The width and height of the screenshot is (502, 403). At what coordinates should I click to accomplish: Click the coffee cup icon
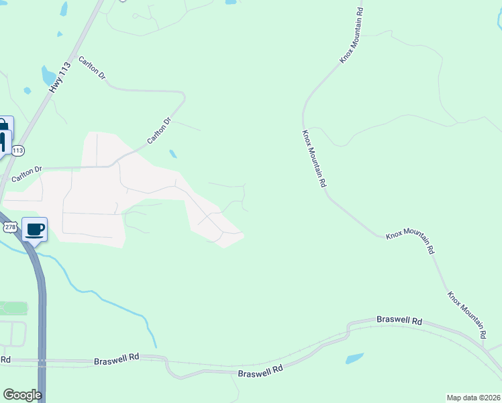35,230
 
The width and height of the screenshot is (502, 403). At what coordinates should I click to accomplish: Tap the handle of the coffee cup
43,229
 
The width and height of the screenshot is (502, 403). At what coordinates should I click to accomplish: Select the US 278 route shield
9,228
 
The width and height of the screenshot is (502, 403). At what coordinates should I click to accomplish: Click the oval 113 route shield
18,150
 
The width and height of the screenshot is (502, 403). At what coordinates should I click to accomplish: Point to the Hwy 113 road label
60,78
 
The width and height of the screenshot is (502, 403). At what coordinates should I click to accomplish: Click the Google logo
22,394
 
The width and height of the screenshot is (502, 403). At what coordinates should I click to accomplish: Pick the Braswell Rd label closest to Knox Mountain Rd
399,321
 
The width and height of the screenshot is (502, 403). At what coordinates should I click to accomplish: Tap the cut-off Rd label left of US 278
5,360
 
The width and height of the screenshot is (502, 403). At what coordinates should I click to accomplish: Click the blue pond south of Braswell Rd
354,358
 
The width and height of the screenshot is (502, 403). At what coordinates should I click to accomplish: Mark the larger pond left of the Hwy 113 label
48,75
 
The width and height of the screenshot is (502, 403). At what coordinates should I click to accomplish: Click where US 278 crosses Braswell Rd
42,363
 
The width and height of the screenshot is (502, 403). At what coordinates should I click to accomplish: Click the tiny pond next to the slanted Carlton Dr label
173,154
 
